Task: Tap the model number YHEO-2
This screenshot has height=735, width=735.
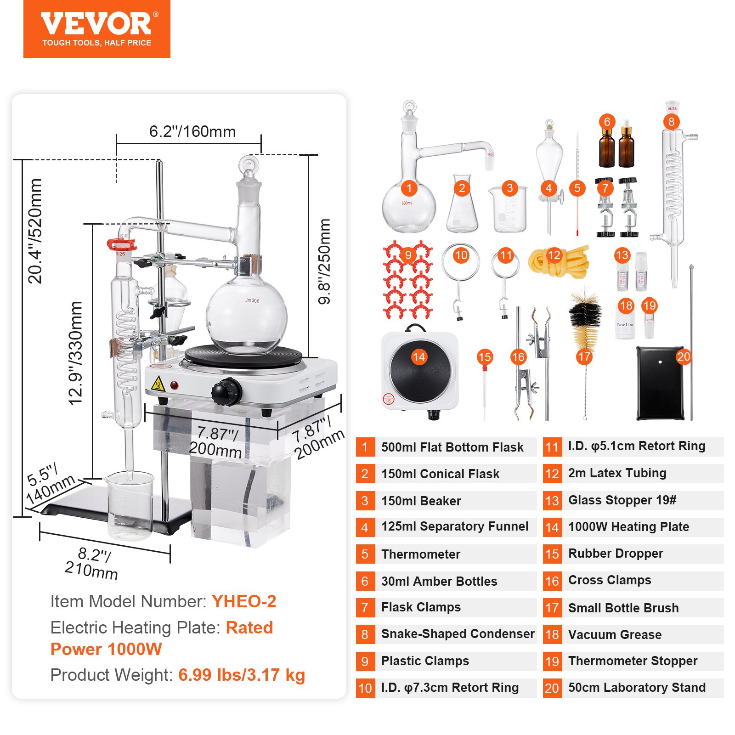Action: [244, 601]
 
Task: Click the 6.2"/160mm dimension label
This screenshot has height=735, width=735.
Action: [192, 132]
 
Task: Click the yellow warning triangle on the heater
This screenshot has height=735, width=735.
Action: [158, 384]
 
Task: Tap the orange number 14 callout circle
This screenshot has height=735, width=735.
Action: [419, 357]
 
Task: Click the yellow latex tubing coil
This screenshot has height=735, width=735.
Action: [558, 261]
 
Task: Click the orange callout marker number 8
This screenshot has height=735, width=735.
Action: [671, 122]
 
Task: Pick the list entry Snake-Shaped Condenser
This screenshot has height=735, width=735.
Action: [458, 634]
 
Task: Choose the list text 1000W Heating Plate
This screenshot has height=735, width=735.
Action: [628, 527]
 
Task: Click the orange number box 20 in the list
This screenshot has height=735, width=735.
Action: [552, 688]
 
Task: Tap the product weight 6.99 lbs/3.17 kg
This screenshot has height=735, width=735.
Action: [242, 675]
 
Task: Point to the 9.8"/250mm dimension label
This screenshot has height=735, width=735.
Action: [324, 261]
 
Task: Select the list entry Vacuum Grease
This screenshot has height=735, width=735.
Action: [615, 635]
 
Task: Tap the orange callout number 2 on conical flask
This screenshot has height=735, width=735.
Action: [462, 188]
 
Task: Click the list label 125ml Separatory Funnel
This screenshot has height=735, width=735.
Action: [455, 526]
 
